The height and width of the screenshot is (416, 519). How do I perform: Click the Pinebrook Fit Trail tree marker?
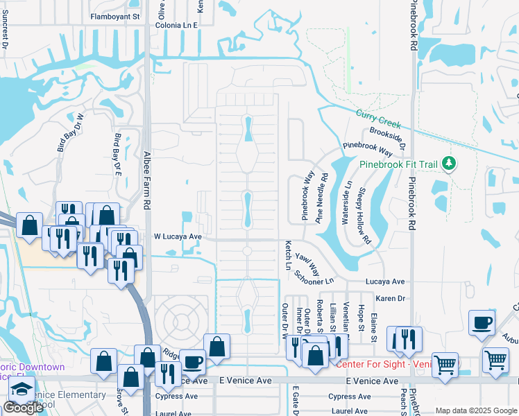click(x=450, y=164)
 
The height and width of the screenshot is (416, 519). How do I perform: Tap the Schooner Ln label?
click(x=314, y=277)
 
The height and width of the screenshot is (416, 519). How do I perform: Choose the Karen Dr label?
click(x=390, y=298)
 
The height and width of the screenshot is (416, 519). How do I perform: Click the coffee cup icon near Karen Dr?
click(x=482, y=322)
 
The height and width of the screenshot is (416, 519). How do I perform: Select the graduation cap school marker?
click(x=22, y=388)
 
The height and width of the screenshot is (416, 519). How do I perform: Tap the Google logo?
click(x=24, y=408)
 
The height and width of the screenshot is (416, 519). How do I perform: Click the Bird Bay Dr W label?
click(x=69, y=132)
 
